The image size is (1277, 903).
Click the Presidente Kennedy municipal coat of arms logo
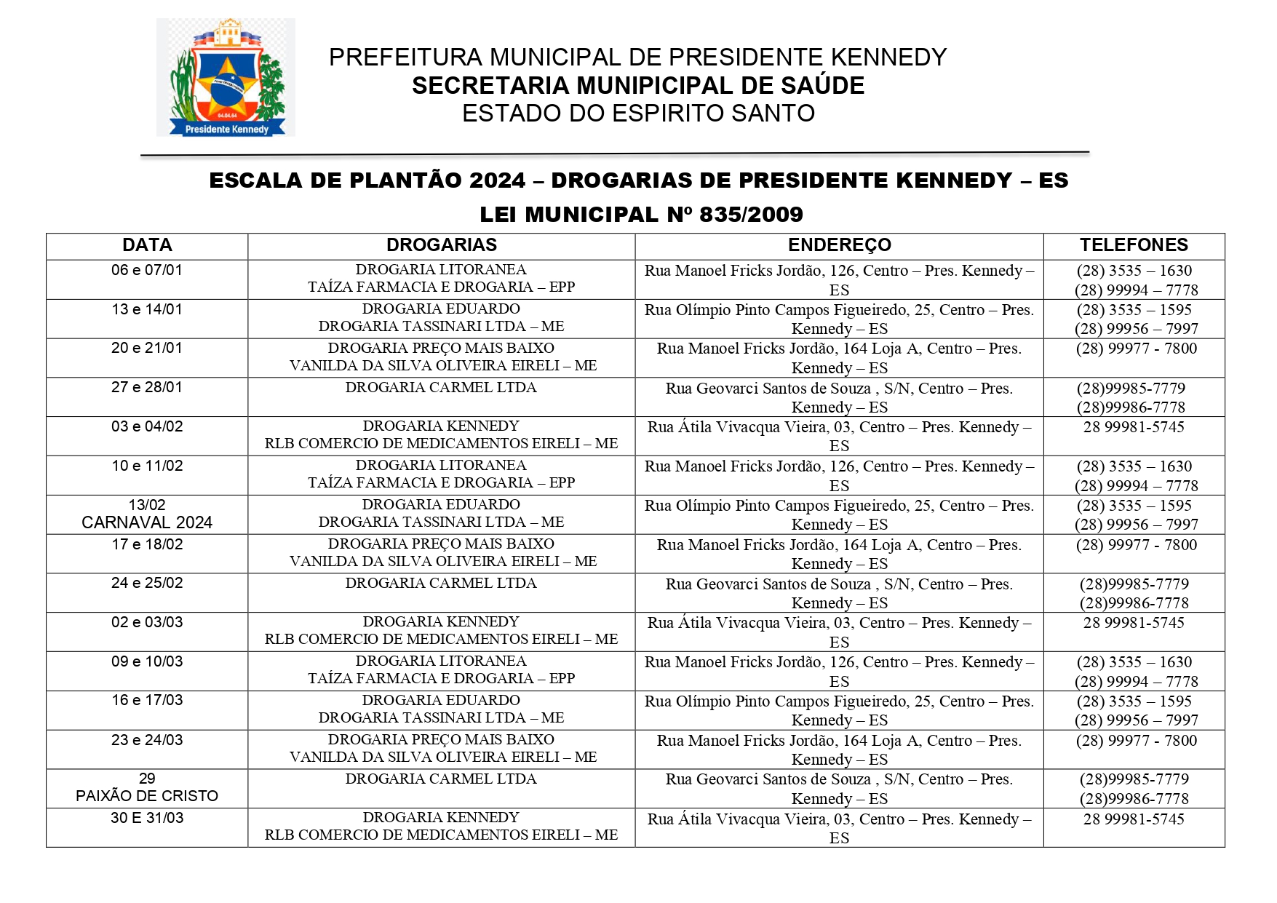point(226,78)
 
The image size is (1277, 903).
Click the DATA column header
point(147,245)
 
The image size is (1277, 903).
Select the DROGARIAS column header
point(441,245)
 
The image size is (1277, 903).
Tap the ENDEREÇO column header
point(839,245)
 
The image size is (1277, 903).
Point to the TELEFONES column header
point(1134,245)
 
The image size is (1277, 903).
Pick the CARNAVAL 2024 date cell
point(147,514)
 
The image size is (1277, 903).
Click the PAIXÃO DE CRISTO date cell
point(147,788)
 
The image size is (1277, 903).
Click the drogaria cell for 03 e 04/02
point(441,435)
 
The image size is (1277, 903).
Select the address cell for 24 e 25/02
point(839,594)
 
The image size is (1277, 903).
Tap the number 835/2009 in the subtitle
point(751,215)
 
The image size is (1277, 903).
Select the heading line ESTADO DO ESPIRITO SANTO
point(638,114)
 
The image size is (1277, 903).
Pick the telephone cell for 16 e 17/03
point(1134,711)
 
